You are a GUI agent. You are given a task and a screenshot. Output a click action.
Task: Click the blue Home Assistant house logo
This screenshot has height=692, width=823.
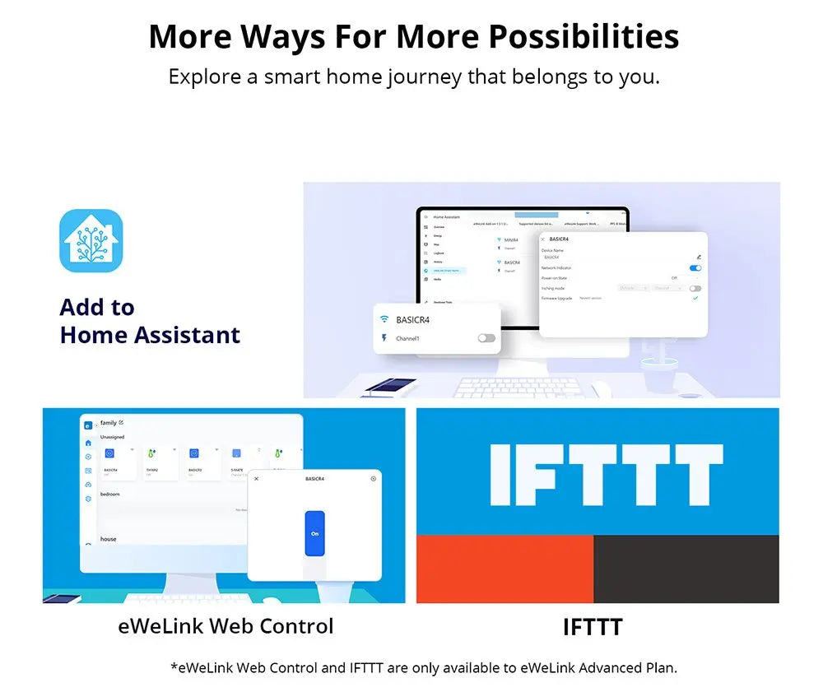coord(91,241)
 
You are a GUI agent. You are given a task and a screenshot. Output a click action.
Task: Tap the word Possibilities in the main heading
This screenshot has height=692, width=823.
coord(584,37)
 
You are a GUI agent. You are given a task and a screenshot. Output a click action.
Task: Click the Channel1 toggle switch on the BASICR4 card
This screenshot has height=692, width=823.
coord(486,338)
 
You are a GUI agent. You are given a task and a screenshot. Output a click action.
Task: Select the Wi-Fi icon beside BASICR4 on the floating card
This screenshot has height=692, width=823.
coord(384,319)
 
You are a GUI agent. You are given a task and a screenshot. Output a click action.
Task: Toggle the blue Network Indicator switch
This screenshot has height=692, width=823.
coord(695,268)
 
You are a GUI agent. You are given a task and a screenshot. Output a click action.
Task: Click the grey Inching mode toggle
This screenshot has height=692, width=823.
coord(695,289)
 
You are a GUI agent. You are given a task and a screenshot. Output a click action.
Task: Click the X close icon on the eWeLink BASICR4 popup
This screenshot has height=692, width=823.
coord(256,479)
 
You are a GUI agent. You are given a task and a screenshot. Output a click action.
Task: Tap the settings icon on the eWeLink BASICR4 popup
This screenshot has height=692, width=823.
coord(374,478)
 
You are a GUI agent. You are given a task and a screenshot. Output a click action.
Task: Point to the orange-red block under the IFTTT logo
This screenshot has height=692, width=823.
coord(504,569)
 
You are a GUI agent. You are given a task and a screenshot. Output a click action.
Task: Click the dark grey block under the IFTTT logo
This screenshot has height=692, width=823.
coord(686,569)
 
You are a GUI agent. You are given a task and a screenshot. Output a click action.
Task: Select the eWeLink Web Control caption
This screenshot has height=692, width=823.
coord(226,626)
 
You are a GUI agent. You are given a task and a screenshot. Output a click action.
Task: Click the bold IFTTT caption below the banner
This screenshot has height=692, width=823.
coord(593,628)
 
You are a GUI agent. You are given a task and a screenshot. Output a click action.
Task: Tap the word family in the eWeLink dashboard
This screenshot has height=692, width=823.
coord(109,422)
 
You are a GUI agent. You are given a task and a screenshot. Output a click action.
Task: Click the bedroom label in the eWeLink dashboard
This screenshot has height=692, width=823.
coord(110,495)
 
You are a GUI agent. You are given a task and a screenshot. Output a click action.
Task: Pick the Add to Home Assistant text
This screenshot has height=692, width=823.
coord(150,322)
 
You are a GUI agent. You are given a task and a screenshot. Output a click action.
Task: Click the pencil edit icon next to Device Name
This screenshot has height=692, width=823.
coord(699,258)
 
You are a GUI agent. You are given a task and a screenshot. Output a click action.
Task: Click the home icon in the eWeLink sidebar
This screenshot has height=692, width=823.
coord(88,443)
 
